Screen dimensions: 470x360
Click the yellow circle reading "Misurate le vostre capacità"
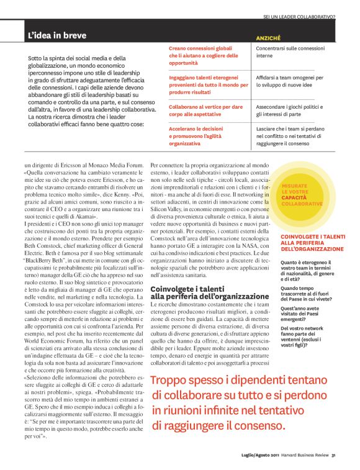302,194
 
